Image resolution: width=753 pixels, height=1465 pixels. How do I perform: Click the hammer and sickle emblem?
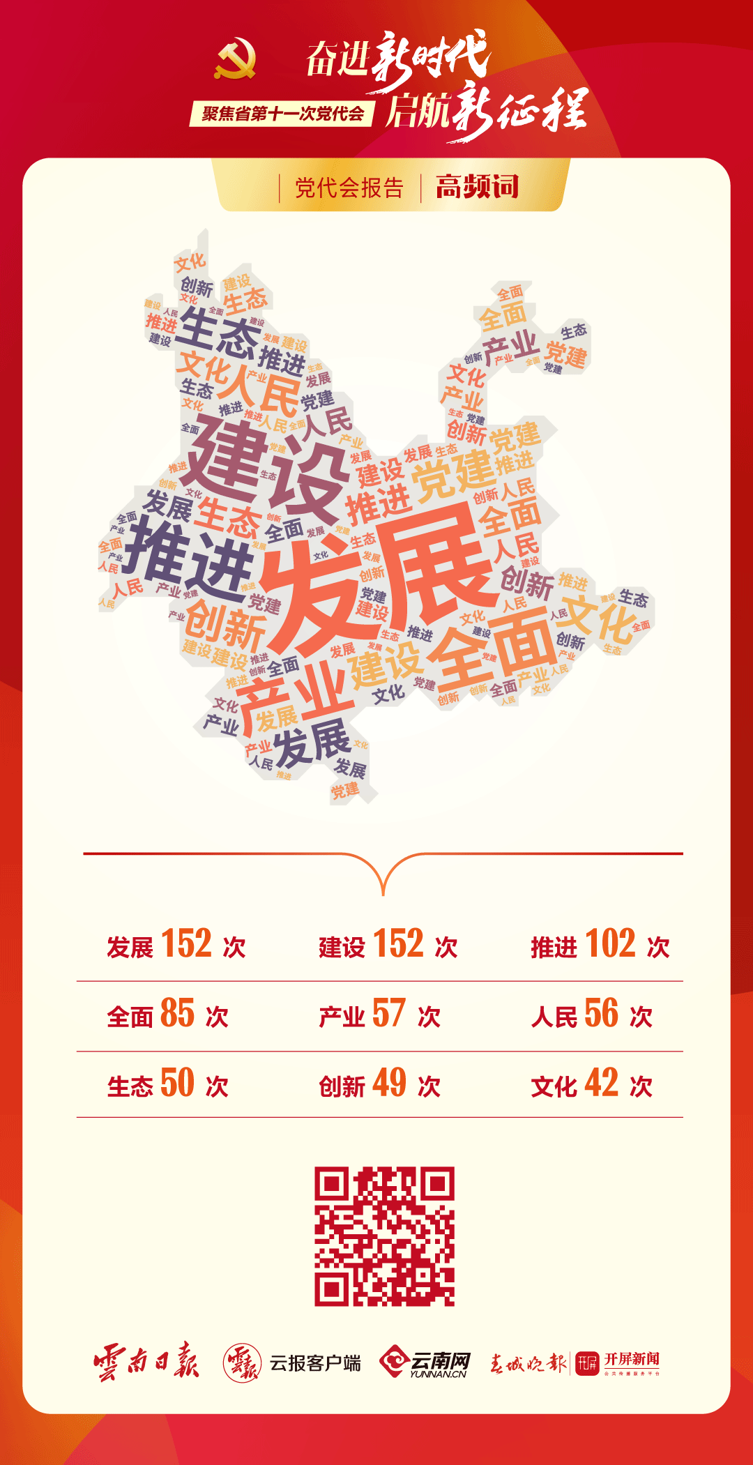235,59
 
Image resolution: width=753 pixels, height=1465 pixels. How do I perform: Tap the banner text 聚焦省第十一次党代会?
282,114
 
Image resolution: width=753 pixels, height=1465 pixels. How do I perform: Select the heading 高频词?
478,187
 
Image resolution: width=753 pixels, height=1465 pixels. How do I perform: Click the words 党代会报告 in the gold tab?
349,188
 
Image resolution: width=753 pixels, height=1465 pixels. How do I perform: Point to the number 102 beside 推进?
610,944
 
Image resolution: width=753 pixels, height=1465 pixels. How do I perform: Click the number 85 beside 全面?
177,1013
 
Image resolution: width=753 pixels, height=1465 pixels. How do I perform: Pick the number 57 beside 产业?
389,1013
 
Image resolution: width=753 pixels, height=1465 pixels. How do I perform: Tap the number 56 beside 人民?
601,1013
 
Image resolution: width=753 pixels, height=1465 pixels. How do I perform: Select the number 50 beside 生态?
177,1083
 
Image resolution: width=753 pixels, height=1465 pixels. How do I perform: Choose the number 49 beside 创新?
389,1083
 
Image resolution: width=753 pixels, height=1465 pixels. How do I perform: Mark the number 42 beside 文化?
601,1083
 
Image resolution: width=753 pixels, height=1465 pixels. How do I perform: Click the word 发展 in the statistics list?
130,948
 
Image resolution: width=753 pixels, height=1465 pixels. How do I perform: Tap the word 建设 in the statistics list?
342,948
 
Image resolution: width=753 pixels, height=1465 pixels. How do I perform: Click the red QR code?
384,1236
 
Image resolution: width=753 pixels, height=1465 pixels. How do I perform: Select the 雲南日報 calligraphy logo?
146,1360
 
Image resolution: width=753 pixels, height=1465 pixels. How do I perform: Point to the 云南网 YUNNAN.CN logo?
425,1362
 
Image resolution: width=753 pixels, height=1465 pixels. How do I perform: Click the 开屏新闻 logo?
618,1362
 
